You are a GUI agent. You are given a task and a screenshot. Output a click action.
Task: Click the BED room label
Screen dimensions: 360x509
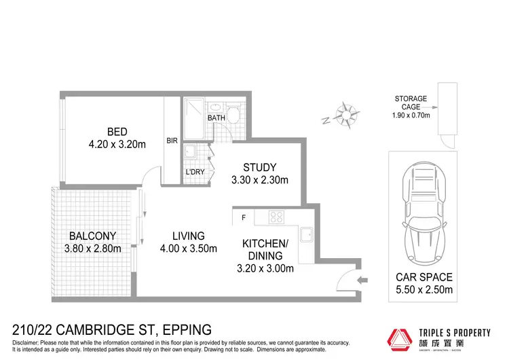click(x=117, y=132)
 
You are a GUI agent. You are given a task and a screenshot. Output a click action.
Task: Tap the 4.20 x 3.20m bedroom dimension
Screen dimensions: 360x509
click(x=117, y=144)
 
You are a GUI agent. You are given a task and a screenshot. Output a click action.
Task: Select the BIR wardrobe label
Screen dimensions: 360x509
click(x=172, y=141)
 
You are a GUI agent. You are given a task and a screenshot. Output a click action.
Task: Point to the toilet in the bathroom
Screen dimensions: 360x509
click(x=233, y=113)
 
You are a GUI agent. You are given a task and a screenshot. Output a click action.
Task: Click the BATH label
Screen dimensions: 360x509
click(x=216, y=118)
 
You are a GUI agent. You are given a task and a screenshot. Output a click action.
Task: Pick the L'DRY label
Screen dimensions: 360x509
click(x=195, y=173)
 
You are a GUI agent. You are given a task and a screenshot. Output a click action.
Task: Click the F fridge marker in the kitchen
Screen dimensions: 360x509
click(x=243, y=218)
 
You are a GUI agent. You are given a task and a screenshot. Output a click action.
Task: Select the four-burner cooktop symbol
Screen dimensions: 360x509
click(x=277, y=218)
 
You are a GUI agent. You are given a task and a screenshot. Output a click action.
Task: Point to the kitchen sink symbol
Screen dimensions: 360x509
click(x=305, y=234)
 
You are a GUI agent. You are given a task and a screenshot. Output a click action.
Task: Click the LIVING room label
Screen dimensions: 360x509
click(x=188, y=236)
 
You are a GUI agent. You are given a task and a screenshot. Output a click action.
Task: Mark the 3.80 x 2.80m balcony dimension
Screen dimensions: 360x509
click(x=92, y=249)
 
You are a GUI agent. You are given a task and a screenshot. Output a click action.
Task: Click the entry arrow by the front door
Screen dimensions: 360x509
click(x=362, y=279)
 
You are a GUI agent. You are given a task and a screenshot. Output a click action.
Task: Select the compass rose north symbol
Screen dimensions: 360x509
click(x=346, y=112)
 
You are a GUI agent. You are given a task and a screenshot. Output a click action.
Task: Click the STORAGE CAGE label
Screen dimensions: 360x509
click(x=411, y=103)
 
